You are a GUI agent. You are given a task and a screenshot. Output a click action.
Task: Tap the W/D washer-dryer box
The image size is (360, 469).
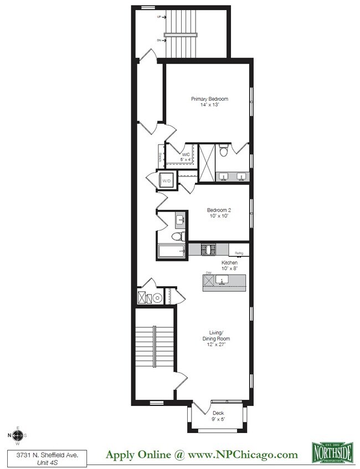click(x=166, y=180)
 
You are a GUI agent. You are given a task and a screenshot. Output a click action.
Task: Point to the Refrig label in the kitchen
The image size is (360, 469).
click(x=239, y=253)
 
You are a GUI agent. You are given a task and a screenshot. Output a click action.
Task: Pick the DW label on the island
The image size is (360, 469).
click(x=209, y=273)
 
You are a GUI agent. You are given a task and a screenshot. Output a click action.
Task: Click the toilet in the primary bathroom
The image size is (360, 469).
click(x=223, y=151)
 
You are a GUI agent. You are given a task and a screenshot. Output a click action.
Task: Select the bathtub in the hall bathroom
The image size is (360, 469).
click(x=172, y=251)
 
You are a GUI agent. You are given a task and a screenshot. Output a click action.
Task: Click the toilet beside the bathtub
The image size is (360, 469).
click(x=177, y=236)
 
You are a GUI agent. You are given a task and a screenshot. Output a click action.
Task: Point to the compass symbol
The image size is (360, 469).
click(x=18, y=435)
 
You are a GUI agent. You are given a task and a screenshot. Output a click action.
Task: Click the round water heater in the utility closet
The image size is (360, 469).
click(x=158, y=298)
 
